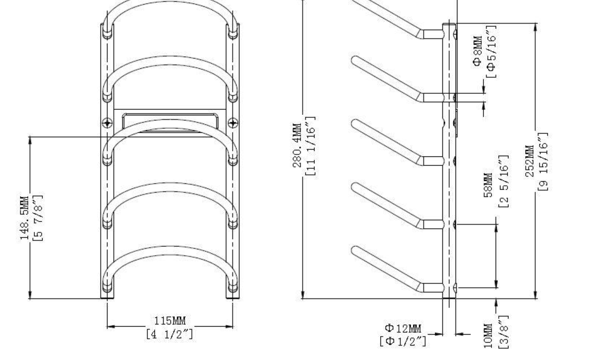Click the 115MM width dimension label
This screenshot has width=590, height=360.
coord(170,321)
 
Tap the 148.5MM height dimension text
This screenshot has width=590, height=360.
coord(24,218)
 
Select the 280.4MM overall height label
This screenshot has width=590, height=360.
coord(297,146)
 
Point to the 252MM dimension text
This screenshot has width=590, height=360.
coord(530,161)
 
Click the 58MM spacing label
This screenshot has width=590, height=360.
coord(488,185)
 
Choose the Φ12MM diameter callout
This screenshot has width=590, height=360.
coord(403,329)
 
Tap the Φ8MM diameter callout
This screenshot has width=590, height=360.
coord(477,51)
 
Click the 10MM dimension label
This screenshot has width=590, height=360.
coord(488,336)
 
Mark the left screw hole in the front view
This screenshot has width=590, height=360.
coord(107,123)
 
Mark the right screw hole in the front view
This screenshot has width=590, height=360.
coord(233,123)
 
